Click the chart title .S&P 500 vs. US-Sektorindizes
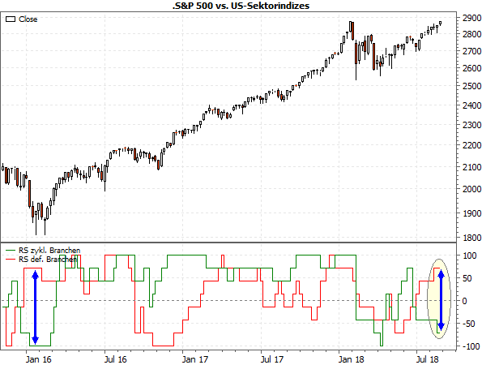point(241,6)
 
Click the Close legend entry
point(28,19)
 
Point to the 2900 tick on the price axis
point(465,17)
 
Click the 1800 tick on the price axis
point(465,237)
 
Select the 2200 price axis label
point(465,146)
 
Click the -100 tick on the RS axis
point(467,346)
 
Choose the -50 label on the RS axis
point(466,324)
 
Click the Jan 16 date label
point(38,357)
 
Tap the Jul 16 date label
point(117,357)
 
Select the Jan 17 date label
point(194,357)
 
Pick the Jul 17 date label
point(272,357)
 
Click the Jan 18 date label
point(351,357)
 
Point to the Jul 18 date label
point(429,357)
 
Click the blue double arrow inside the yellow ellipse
point(441,301)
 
